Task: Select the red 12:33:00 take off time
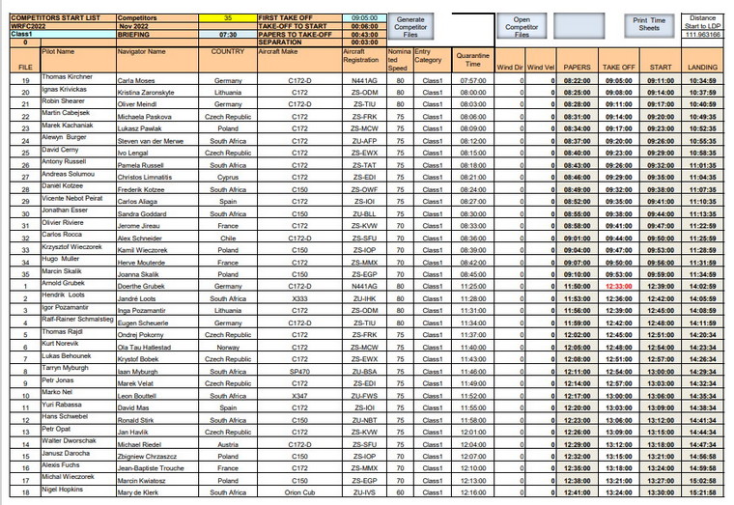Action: click(619, 286)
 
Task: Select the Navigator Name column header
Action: click(142, 51)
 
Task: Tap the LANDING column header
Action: click(702, 67)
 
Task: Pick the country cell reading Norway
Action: click(228, 347)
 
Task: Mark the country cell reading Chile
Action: click(228, 237)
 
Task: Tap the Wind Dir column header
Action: click(509, 67)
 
